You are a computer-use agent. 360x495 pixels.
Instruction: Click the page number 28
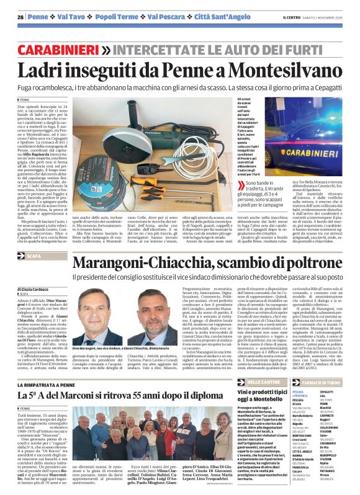pos(20,17)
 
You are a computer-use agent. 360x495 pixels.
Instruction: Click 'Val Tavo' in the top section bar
pos(73,17)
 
